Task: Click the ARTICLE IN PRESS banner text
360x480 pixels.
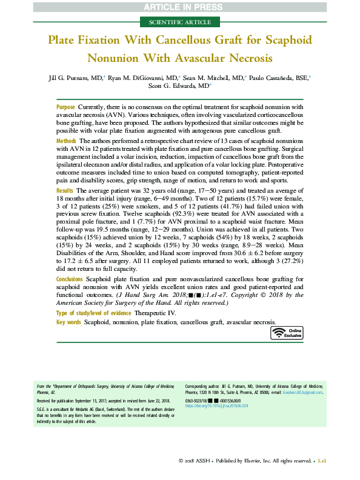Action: point(179,7)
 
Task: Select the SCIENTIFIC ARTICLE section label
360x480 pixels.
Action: point(179,23)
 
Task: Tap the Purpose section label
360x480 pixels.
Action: point(66,107)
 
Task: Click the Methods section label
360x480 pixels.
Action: point(67,140)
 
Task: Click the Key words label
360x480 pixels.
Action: point(68,322)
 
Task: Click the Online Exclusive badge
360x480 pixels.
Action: point(287,333)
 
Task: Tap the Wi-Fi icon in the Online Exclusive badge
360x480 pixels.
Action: point(278,333)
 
